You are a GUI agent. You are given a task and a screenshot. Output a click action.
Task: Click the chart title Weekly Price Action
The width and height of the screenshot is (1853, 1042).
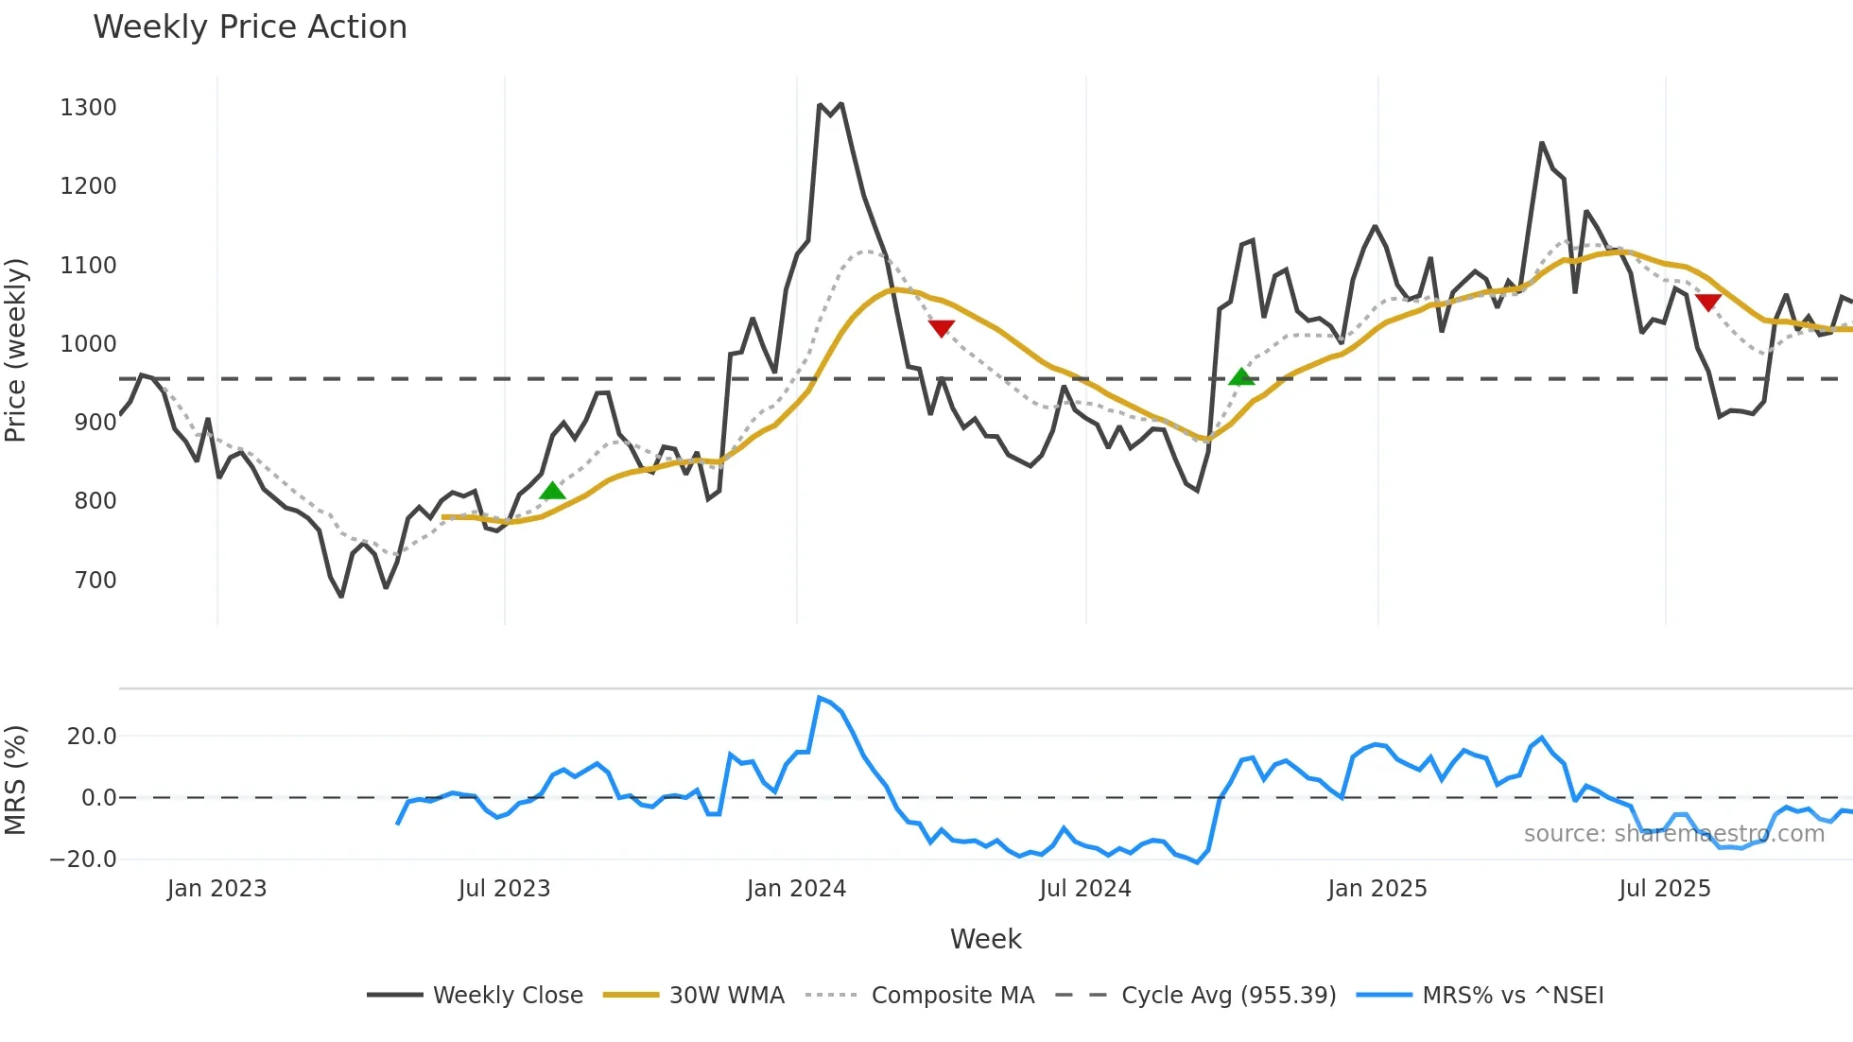(x=250, y=27)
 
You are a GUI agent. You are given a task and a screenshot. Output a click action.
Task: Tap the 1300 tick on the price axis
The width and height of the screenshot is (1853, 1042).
(x=88, y=108)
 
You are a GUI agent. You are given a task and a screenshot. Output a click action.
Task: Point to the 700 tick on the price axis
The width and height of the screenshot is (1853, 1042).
(x=95, y=580)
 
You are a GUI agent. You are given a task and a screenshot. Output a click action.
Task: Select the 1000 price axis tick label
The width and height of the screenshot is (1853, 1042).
(x=88, y=344)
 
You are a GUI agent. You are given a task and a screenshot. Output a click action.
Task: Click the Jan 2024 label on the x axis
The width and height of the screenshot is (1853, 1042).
(x=796, y=889)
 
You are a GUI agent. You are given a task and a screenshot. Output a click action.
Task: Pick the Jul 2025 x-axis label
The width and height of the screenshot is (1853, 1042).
(x=1665, y=889)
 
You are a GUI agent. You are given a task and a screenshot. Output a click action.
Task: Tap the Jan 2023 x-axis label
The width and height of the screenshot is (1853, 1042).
(x=216, y=889)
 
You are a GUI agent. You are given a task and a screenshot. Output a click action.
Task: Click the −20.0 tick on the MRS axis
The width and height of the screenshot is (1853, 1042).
(x=83, y=860)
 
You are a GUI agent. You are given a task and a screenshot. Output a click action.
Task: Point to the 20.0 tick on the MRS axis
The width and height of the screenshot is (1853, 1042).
(x=92, y=737)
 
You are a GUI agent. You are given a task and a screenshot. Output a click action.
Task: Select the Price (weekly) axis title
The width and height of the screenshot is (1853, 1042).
(x=16, y=350)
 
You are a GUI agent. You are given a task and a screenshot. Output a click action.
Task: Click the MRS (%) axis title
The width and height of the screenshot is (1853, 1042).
(x=16, y=780)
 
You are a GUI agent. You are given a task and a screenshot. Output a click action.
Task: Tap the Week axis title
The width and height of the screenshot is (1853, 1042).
(x=985, y=939)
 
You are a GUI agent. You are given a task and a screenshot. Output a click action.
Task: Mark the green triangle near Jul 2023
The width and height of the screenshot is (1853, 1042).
(x=552, y=491)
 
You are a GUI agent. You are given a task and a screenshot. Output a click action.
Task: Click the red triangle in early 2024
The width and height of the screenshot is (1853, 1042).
(x=941, y=328)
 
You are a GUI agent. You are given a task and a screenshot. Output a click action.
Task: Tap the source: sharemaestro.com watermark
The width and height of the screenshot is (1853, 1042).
(x=1673, y=834)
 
